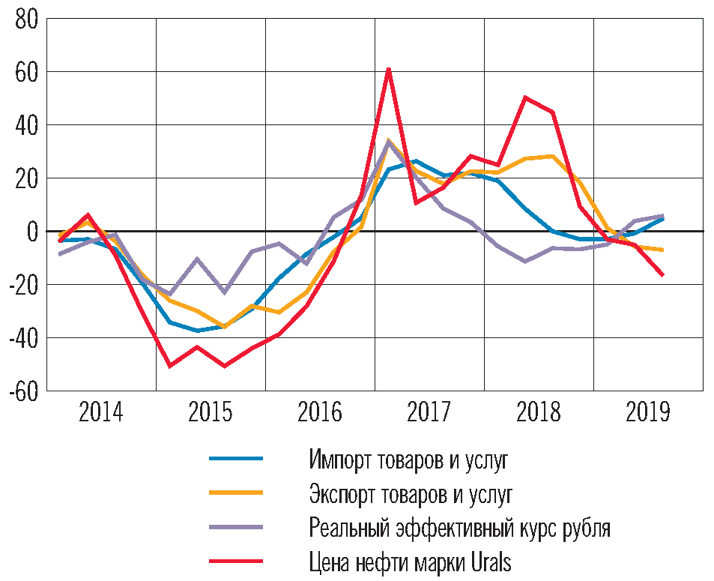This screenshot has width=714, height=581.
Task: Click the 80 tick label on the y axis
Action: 26,19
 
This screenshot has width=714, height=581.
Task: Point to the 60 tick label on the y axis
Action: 26,72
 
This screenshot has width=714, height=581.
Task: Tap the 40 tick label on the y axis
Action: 26,125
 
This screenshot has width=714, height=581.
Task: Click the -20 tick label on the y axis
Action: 22,285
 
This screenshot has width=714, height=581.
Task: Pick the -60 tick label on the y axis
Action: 22,391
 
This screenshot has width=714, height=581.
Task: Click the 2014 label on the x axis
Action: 101,412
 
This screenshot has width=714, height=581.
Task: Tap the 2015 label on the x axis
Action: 211,412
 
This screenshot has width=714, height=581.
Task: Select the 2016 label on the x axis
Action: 320,412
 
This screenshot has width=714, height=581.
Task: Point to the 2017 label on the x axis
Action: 429,412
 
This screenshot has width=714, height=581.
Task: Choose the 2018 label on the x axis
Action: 539,412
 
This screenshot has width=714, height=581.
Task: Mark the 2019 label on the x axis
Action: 648,412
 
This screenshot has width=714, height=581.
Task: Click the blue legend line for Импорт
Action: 235,458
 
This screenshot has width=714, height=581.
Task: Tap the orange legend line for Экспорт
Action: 235,493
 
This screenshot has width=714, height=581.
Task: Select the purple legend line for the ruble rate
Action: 235,527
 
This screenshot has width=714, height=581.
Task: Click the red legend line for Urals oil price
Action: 235,562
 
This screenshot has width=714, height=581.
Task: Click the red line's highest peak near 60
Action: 389,70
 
